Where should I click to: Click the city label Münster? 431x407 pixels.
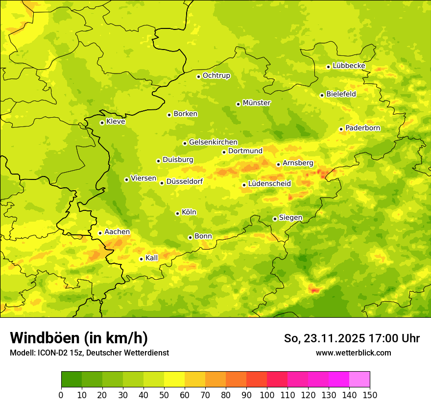[257, 103]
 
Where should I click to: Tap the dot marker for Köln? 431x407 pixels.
[177, 213]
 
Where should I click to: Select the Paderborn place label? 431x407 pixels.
[362, 128]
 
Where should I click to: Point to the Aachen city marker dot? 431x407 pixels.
[100, 233]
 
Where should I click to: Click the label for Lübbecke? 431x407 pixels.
[349, 66]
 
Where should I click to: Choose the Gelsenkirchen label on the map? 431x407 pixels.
[213, 142]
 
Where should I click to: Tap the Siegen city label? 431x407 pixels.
[290, 218]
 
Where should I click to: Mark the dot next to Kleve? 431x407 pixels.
[102, 123]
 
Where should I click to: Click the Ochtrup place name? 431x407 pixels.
[216, 76]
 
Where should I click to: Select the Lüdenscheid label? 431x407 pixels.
[269, 184]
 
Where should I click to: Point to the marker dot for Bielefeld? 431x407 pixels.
[322, 95]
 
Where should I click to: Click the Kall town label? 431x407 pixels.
[151, 258]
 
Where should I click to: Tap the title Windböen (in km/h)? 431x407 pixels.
[79, 338]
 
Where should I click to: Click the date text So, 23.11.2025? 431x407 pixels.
[324, 338]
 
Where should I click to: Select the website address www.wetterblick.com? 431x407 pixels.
[353, 353]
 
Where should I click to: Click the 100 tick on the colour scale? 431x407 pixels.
[267, 395]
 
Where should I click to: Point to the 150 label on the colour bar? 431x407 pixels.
[369, 395]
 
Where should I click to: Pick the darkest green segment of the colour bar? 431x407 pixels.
[71, 380]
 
